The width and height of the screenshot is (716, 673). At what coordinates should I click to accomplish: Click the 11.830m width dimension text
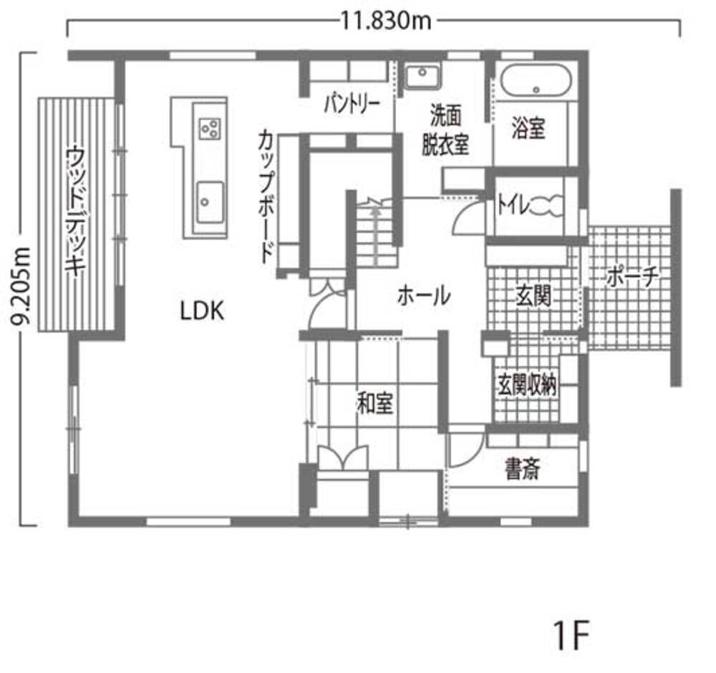point(386,21)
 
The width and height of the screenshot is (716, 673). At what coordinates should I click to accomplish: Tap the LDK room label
point(203,311)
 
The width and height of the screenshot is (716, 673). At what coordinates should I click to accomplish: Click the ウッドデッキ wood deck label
point(74,211)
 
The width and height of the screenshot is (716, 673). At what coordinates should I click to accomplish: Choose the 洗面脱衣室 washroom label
point(449,130)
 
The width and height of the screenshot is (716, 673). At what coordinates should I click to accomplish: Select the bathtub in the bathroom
point(536,80)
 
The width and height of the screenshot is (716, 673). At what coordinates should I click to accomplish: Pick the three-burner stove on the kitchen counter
point(210,128)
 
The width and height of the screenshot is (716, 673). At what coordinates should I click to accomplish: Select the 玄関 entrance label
point(533,296)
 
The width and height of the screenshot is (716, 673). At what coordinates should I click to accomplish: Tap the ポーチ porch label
point(631,276)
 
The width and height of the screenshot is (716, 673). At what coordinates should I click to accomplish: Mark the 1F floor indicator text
point(571,634)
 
